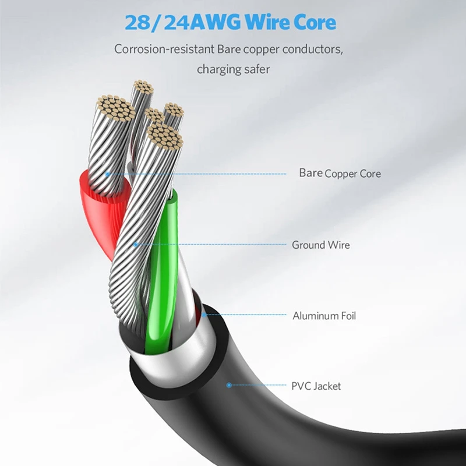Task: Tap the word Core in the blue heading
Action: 313,23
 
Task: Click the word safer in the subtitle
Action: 254,69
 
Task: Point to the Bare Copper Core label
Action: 340,173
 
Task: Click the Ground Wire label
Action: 321,245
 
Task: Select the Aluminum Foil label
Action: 324,316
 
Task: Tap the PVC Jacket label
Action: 316,386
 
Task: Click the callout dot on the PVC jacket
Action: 229,385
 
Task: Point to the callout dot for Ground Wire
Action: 136,245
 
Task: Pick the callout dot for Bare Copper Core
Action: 107,173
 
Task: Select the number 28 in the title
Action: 137,23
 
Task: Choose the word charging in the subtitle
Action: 217,69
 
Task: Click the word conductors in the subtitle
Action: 305,49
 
